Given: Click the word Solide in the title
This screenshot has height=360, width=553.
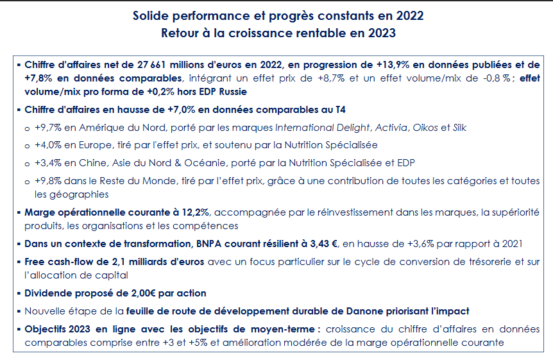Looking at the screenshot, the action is pos(151,16).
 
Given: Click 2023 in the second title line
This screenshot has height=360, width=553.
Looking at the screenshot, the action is pos(382,33).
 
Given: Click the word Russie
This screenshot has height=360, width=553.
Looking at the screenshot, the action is pos(233,92).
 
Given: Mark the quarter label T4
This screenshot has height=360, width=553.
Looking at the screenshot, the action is pos(340,110).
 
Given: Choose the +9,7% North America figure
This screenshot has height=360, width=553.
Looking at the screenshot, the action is pos(48,128).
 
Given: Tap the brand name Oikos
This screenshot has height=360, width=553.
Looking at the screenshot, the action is pos(425,128).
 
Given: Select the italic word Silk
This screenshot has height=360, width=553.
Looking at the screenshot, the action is pos(459,128).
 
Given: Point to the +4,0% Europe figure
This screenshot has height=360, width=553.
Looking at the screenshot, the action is pos(48,145).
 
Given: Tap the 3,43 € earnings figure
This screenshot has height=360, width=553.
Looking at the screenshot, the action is pos(324,244).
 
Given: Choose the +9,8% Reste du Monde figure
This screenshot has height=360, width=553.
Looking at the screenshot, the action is pos(48,181).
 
